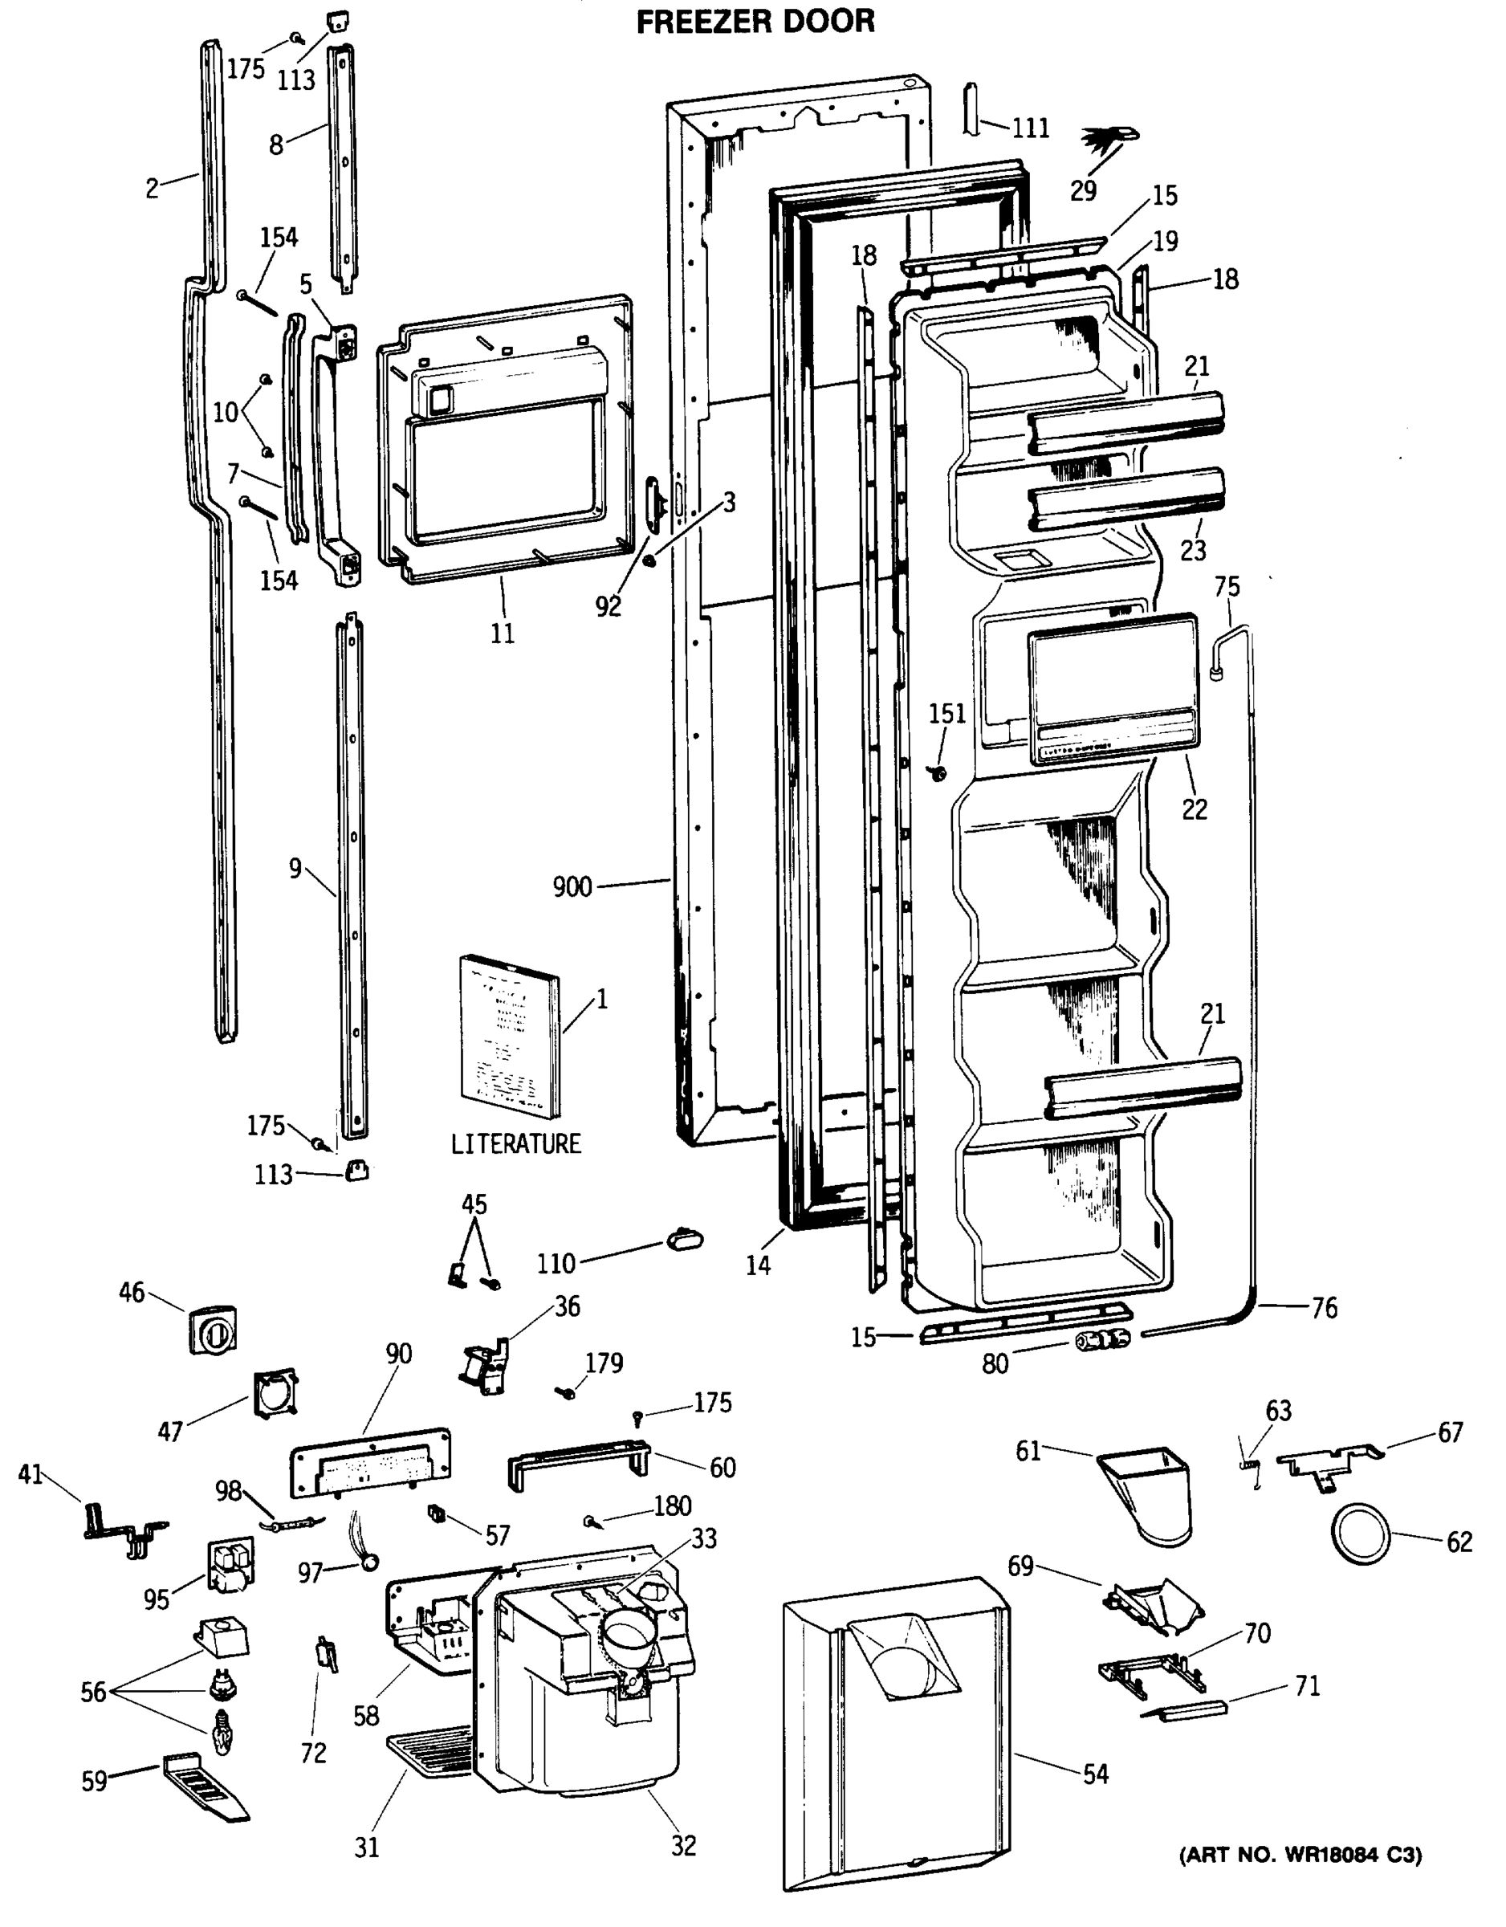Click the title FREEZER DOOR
coord(755,21)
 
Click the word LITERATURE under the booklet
coord(516,1143)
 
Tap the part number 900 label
coord(572,886)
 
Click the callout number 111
coord(1031,128)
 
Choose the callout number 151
coord(946,713)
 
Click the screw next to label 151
coord(938,774)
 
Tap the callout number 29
coord(1084,189)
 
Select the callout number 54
coord(1095,1774)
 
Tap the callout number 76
coord(1325,1308)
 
